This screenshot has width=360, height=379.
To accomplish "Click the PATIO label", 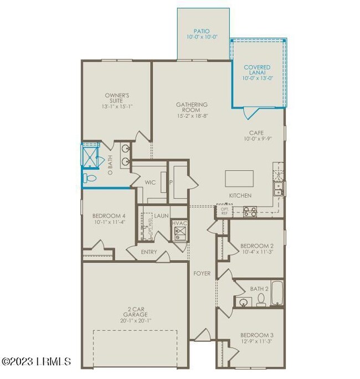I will [202, 32].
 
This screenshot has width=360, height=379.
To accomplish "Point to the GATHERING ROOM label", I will [192, 105].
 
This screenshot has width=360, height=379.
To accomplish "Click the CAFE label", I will [256, 133].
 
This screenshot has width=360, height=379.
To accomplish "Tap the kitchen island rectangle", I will [239, 179].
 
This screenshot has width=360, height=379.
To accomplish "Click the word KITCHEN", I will [240, 196].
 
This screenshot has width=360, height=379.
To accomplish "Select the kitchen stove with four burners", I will [250, 211].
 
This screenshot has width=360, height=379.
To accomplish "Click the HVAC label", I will [180, 223].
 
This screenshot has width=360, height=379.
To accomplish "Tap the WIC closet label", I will [150, 182].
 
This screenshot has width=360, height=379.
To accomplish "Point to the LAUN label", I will [162, 216].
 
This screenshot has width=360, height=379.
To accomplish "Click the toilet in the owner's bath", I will [90, 178].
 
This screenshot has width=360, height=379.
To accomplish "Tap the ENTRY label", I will [149, 252].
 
